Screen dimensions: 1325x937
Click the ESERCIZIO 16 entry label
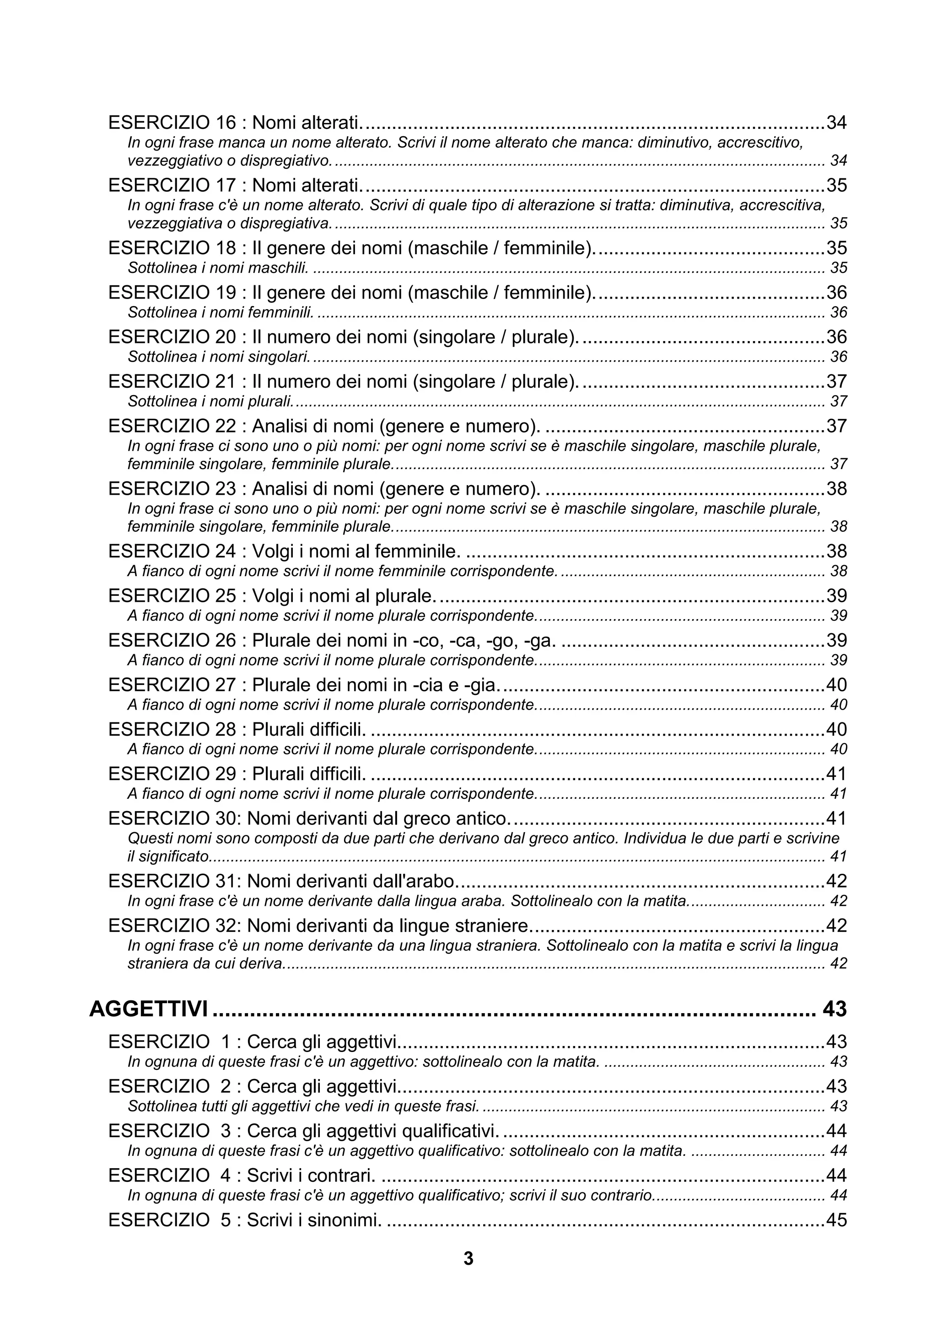click(x=172, y=123)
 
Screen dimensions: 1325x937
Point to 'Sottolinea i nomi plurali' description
click(x=210, y=401)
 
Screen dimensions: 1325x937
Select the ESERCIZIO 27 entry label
click(x=172, y=685)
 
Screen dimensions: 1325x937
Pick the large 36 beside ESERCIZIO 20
click(x=836, y=337)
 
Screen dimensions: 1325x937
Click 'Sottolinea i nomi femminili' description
click(x=220, y=312)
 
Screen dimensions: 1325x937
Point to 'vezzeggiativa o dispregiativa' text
click(x=229, y=223)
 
